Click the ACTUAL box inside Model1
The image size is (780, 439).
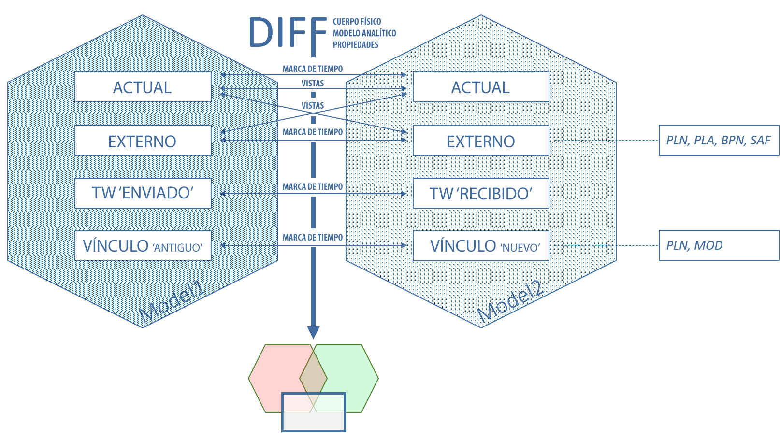coord(143,87)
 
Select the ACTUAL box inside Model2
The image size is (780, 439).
coord(480,87)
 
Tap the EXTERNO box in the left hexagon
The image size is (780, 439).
coord(143,141)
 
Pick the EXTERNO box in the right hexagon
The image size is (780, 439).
coord(480,141)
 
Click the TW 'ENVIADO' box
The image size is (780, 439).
coord(143,193)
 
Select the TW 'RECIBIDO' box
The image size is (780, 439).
coord(480,193)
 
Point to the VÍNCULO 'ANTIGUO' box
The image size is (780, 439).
coord(143,246)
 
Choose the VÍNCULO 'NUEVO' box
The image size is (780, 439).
coord(480,246)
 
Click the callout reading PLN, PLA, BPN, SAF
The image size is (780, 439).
coord(718,140)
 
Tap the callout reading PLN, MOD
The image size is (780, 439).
coord(718,245)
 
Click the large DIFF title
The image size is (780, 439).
coord(287,33)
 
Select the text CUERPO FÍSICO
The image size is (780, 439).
coord(357,22)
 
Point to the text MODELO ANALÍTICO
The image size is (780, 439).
coord(364,33)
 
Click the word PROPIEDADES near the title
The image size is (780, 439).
coord(355,45)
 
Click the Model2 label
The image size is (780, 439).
coord(511,302)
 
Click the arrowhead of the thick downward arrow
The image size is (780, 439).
coord(313,332)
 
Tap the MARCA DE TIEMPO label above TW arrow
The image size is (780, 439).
coord(313,186)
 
